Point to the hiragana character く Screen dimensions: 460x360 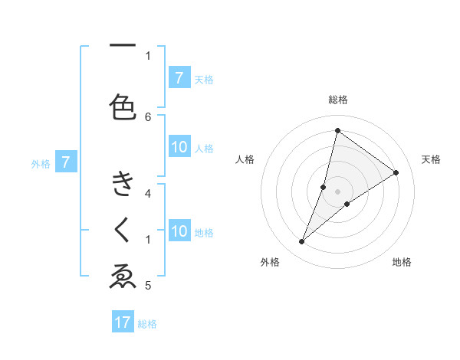click(123, 230)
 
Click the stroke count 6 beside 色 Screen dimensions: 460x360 click(148, 116)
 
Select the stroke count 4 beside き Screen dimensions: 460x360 click(148, 193)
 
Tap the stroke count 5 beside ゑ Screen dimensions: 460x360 click(148, 286)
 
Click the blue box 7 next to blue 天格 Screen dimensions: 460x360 click(179, 77)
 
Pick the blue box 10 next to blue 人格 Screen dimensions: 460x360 click(179, 148)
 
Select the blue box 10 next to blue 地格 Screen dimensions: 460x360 click(179, 231)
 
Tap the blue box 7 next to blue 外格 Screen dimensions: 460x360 click(67, 162)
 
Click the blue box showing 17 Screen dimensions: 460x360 click(123, 322)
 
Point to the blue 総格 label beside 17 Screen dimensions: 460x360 click(148, 324)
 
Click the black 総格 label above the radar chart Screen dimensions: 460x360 click(337, 100)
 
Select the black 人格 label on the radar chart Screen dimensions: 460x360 click(245, 159)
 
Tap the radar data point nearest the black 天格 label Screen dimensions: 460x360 click(396, 172)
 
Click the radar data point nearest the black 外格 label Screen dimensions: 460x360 click(302, 242)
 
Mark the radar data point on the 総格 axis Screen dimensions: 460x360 click(337, 129)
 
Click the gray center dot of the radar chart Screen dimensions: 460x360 click(337, 191)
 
